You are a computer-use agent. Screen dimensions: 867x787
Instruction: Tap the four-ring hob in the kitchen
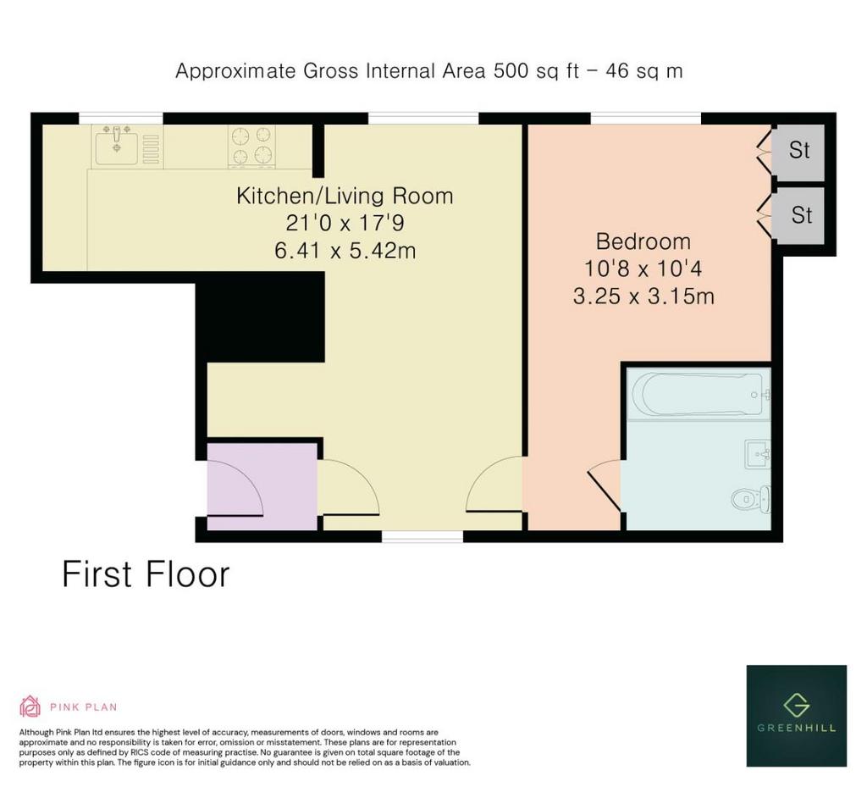tap(252, 146)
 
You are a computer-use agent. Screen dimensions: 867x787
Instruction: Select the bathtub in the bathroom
tap(699, 394)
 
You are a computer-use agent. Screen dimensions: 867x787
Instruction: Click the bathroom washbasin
tap(758, 454)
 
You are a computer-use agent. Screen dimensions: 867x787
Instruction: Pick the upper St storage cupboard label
tap(799, 150)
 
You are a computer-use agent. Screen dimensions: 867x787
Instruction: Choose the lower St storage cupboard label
tap(802, 214)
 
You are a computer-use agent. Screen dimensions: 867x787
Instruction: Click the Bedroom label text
tap(643, 241)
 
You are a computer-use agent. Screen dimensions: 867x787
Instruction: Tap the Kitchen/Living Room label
tap(345, 196)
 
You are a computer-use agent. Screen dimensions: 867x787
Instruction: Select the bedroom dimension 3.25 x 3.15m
tap(643, 297)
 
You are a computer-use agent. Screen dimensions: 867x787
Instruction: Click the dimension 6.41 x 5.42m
tap(345, 251)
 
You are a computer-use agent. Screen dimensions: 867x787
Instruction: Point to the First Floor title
tap(146, 574)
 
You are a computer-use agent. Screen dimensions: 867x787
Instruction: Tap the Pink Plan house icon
tap(30, 707)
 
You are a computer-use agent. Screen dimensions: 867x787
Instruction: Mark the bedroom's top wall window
tap(646, 119)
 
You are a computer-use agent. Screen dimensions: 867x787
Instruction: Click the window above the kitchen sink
tap(121, 119)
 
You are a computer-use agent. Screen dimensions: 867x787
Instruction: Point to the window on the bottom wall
tap(422, 536)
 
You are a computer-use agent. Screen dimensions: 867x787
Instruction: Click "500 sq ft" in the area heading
tap(536, 71)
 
